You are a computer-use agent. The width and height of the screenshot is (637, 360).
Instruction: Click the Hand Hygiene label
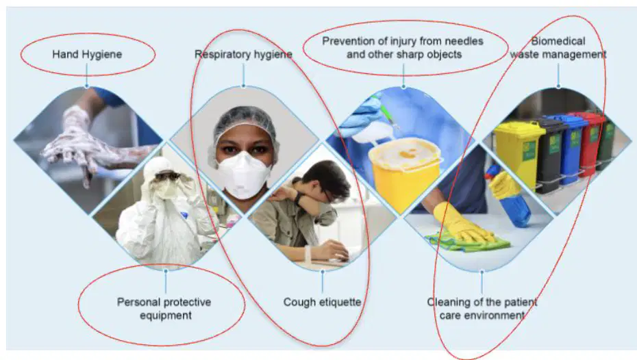point(87,54)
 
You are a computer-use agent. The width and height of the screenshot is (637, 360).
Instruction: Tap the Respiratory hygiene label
point(243,54)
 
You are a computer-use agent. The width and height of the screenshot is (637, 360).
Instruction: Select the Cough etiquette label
point(322,302)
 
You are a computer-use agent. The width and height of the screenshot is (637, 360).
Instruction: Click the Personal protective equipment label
point(164,309)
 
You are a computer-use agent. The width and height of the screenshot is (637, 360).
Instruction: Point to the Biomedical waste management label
point(558,47)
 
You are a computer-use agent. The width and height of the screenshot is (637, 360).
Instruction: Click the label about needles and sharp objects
point(403,47)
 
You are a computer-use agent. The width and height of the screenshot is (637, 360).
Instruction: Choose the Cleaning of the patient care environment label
point(482,309)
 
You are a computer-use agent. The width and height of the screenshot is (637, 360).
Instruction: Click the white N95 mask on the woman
point(243,174)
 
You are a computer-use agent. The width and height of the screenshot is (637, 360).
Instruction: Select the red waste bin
point(588,142)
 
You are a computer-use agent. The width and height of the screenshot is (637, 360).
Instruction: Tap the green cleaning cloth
point(467,242)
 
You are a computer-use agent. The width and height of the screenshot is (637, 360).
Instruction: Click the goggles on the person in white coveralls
point(167,176)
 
